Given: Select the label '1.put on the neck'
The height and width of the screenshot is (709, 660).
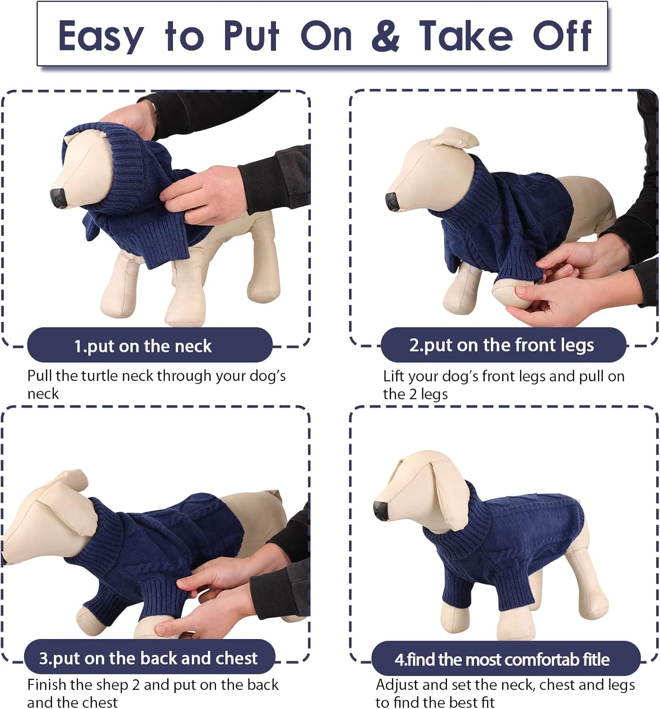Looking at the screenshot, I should coord(143,346).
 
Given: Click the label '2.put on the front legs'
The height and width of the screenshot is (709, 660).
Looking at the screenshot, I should coord(501,345).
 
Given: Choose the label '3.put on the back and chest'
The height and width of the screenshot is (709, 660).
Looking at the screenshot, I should coord(148,658).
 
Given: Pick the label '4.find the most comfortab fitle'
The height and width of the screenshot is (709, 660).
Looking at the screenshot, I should coord(502,659).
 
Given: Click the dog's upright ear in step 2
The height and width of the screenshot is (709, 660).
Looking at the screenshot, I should coord(455,138).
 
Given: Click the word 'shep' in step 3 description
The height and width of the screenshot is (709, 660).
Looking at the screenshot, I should coord(111,685).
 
